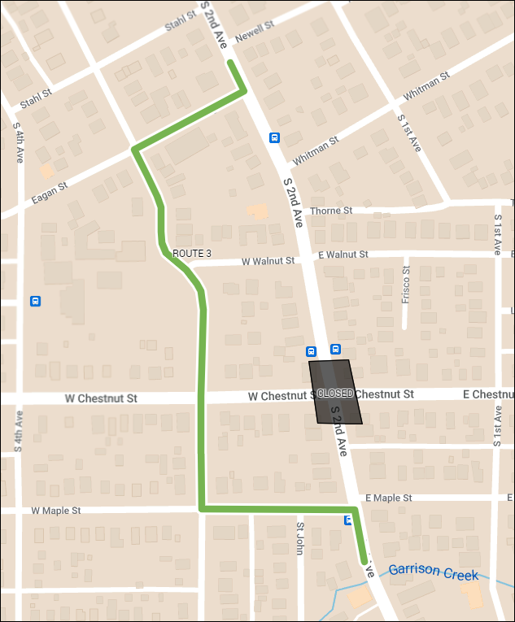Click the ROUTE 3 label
tap(191, 254)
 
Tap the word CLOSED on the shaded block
tap(335, 394)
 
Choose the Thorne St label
tap(330, 210)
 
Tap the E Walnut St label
tap(343, 255)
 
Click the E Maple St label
tap(389, 498)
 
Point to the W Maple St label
tap(56, 511)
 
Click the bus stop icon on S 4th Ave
tap(35, 301)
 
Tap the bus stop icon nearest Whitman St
tap(275, 137)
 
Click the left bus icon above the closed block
tap(311, 351)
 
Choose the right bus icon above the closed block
tap(335, 350)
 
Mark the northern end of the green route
tap(230, 62)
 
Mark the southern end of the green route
tap(364, 561)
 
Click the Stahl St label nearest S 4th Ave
tap(36, 94)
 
